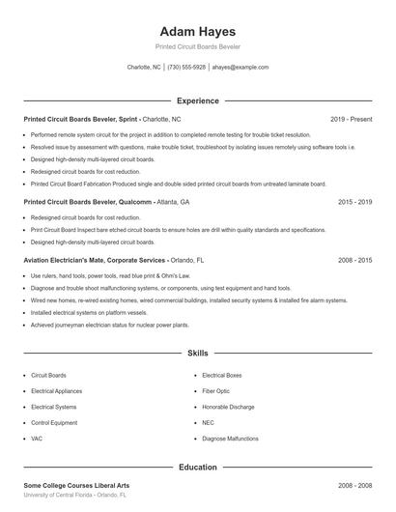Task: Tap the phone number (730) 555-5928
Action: pos(186,68)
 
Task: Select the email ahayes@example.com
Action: pos(240,68)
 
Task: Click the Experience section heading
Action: pos(197,100)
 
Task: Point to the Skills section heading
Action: pos(197,354)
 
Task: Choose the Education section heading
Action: pos(197,467)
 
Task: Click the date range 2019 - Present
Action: pos(351,119)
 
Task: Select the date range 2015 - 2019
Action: pos(354,203)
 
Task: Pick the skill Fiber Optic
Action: pos(216,390)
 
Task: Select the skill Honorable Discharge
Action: pos(228,407)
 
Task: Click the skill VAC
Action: pos(37,439)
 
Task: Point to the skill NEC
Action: pos(208,422)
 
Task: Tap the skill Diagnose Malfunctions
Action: pos(230,439)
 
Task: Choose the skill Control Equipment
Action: pos(54,422)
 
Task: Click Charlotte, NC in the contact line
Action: pos(144,68)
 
